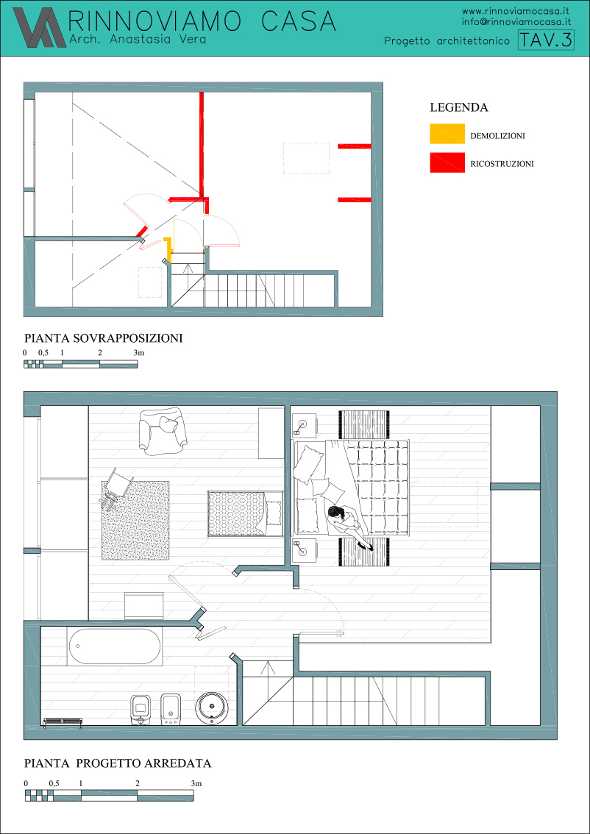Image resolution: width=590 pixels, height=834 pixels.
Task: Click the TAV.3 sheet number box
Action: tap(546, 40)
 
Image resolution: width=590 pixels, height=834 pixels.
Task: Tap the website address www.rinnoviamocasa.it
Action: tap(516, 10)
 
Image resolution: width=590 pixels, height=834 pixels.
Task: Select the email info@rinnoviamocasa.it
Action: tap(516, 22)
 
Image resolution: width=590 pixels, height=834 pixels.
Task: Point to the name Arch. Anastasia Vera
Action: tap(138, 40)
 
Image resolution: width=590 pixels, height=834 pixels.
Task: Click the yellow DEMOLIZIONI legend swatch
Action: tap(447, 134)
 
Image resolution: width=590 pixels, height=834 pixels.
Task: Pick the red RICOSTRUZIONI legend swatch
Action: tap(447, 163)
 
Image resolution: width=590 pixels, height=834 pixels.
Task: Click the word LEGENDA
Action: tap(458, 107)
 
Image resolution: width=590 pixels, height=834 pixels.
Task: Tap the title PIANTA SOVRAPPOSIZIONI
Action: tap(104, 338)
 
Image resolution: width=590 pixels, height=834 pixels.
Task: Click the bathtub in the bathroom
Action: tap(114, 646)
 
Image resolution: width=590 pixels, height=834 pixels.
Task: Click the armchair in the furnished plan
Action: tap(163, 432)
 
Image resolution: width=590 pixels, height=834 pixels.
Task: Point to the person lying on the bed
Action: tap(347, 525)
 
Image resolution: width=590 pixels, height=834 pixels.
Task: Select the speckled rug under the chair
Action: tap(135, 520)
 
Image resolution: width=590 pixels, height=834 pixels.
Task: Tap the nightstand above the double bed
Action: tap(305, 426)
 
